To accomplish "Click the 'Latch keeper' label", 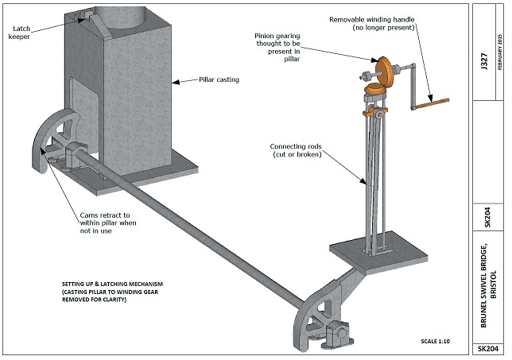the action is coord(19,33).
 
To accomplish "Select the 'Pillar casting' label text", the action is coord(219,79).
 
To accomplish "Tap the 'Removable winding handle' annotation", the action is coord(372,24).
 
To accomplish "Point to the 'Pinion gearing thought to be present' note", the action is coord(277,48).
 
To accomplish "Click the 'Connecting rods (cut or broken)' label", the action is coord(296,150).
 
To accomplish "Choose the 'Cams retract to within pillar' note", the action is coord(108,223).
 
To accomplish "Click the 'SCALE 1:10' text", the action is coord(435,342).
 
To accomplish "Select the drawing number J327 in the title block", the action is coord(484,61).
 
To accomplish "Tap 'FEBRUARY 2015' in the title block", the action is coord(499,52).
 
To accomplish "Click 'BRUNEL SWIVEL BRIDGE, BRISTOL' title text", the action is coord(488,285).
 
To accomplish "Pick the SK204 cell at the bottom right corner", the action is coord(488,349).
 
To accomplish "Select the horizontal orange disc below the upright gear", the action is coord(375,88).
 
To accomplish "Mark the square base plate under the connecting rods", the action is coord(378,252).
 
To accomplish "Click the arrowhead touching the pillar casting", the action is coord(176,82).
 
